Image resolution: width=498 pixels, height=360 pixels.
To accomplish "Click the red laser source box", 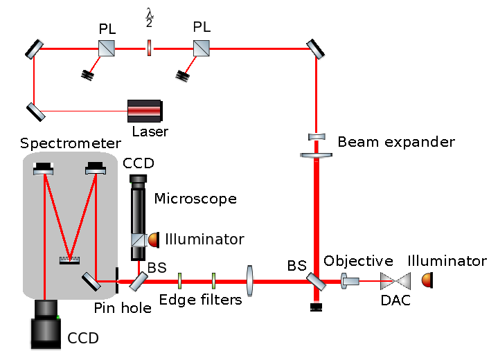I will (x=145, y=111).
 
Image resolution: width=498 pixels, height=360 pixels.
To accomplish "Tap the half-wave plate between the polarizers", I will (x=148, y=48).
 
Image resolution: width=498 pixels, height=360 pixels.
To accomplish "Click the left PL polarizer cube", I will (x=105, y=48).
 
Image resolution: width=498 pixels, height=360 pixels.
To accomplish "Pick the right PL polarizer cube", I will (x=202, y=48).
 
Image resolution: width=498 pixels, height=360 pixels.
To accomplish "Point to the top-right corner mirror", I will (x=315, y=48).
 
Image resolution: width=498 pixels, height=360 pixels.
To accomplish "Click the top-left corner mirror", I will (x=35, y=48).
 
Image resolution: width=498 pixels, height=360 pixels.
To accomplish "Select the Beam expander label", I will (x=396, y=143).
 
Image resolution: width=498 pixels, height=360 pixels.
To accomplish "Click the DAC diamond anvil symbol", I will (x=396, y=281).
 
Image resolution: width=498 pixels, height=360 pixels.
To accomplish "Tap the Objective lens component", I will (x=350, y=281).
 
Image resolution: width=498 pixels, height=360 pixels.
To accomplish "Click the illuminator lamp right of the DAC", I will (x=427, y=280).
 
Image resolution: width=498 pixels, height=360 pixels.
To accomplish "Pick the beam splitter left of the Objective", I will (x=315, y=281).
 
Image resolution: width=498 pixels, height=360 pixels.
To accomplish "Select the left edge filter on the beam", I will (x=179, y=280).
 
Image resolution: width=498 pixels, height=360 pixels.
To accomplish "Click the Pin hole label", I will (x=123, y=308).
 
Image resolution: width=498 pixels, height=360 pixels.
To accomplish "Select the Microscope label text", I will (x=195, y=199).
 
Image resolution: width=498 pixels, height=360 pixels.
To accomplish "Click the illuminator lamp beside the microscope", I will (x=154, y=238).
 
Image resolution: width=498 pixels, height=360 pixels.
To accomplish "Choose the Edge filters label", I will (x=201, y=300).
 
